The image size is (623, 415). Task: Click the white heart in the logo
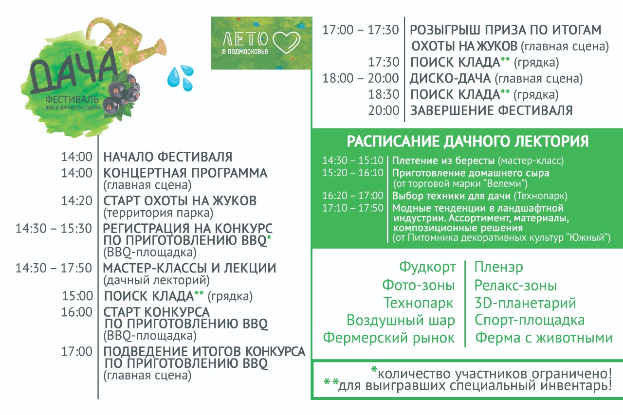(x=287, y=42)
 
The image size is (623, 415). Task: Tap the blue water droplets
(x=180, y=78)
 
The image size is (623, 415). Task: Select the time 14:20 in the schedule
(x=77, y=201)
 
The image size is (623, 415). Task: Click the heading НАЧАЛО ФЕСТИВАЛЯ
(x=168, y=157)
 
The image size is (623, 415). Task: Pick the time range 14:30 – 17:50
(x=54, y=268)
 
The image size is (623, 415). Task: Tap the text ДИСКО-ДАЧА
(x=450, y=78)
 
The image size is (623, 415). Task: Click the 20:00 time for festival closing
(x=384, y=110)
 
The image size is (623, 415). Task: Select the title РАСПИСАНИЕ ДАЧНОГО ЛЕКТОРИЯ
(x=468, y=141)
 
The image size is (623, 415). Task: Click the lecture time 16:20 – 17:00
(x=353, y=196)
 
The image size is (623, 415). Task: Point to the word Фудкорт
(x=427, y=267)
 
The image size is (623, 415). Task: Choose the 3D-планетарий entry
(x=525, y=303)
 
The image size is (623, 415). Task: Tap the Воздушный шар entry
(x=401, y=321)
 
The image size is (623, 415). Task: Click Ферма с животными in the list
(x=544, y=338)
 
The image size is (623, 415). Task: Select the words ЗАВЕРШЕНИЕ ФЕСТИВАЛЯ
(x=492, y=110)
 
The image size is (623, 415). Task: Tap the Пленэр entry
(x=499, y=267)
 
